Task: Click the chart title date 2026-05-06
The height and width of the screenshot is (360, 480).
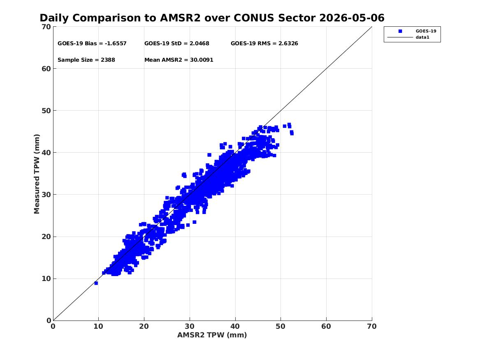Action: click(352, 18)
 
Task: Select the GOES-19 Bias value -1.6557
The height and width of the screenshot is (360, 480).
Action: click(116, 44)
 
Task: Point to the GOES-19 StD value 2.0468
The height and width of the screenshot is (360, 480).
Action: click(199, 44)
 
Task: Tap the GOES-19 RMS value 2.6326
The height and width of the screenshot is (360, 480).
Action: click(288, 44)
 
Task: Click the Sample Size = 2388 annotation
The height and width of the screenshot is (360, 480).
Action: click(86, 60)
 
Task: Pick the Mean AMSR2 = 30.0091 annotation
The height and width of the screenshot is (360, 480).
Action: click(179, 60)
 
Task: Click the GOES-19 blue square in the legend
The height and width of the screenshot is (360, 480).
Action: click(400, 31)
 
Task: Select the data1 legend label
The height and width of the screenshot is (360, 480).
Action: click(422, 37)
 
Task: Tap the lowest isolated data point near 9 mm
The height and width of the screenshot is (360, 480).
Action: click(96, 283)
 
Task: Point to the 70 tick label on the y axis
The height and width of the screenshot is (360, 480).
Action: click(46, 27)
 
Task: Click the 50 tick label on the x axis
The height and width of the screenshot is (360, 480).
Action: click(281, 326)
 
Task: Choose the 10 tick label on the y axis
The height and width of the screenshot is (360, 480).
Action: click(46, 279)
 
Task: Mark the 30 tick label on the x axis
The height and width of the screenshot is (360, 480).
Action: click(190, 326)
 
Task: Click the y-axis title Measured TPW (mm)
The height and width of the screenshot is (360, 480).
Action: click(37, 174)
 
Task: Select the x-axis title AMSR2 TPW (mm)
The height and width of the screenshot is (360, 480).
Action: click(212, 335)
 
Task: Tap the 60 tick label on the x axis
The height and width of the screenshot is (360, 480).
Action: click(326, 326)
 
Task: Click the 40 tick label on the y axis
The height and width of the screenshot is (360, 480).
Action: click(46, 153)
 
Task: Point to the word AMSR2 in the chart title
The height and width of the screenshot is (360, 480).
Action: click(180, 18)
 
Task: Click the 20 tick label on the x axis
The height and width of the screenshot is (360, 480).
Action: click(144, 326)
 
